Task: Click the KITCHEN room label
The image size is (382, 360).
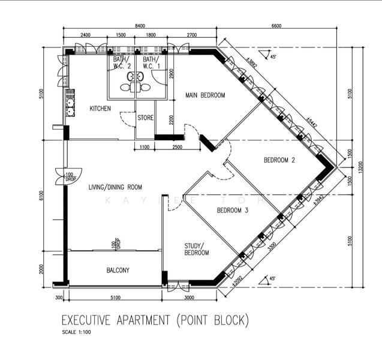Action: pos(100,109)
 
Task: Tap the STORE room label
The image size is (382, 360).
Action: pos(146,118)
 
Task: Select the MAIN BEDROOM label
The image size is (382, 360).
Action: pos(205,95)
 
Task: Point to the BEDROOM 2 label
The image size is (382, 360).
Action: pos(279,160)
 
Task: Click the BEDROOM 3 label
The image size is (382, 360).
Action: pos(233,211)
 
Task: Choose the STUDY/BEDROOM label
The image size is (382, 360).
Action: pos(196,249)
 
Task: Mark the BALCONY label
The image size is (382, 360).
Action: pos(118,270)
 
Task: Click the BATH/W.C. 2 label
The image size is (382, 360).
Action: pos(121,63)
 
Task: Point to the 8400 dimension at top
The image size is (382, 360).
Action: pos(140,26)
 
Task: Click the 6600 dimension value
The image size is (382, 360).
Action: pos(276,26)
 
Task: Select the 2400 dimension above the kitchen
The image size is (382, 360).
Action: pos(85,35)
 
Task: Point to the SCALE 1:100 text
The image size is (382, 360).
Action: pos(77,332)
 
